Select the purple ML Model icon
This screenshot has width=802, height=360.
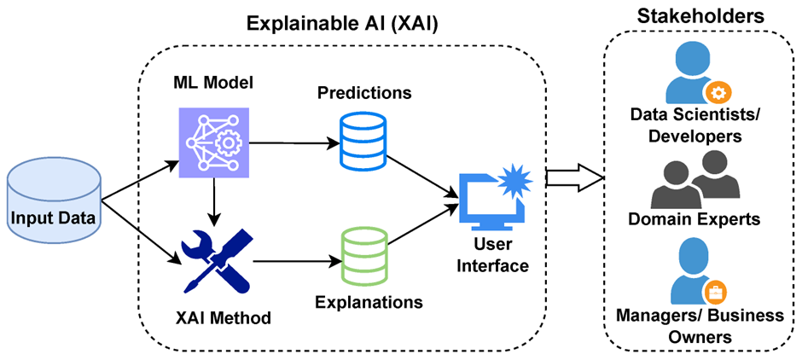click(x=209, y=142)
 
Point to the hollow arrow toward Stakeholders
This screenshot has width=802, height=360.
click(x=574, y=177)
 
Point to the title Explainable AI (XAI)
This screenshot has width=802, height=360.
click(x=342, y=23)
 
